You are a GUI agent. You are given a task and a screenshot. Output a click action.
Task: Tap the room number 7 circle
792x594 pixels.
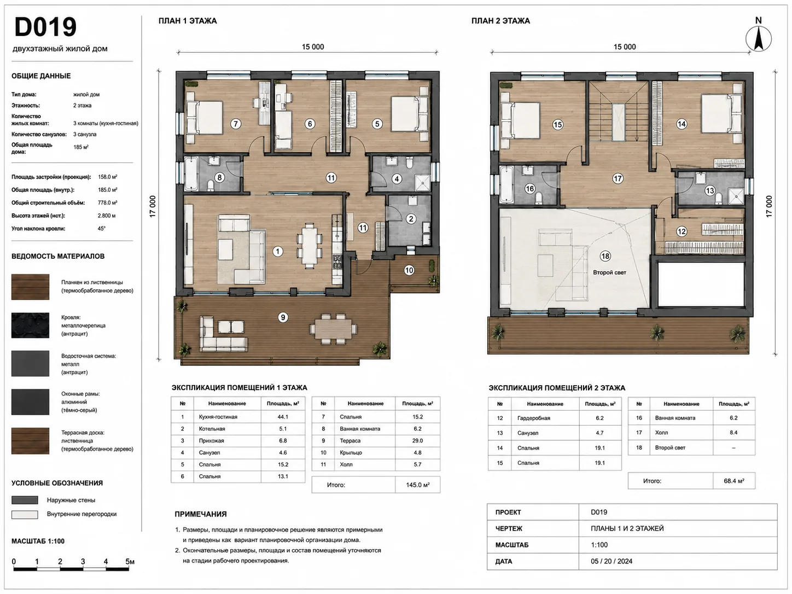tap(236, 124)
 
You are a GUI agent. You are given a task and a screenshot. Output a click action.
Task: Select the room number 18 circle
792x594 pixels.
tap(605, 256)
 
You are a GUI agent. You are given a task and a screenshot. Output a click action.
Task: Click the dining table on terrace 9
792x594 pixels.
tap(333, 328)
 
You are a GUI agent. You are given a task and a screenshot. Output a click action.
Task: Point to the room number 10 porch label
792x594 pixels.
tap(409, 270)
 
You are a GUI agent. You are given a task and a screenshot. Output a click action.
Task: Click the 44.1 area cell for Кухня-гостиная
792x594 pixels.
tap(283, 417)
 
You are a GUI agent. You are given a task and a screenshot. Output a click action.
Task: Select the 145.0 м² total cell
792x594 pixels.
tap(417, 485)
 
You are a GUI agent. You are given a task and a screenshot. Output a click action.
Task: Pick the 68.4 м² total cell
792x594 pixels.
tap(734, 481)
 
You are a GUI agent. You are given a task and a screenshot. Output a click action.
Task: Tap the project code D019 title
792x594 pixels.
tap(45, 27)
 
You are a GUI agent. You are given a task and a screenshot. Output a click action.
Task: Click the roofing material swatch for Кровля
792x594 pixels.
tap(30, 325)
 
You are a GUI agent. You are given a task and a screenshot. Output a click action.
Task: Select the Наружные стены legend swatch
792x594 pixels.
tap(25, 500)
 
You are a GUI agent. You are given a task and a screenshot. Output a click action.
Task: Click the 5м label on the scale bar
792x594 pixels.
tap(130, 561)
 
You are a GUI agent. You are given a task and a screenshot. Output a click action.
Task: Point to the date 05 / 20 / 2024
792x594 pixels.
tap(612, 561)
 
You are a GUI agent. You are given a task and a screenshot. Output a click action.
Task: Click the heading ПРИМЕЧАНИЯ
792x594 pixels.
tap(201, 514)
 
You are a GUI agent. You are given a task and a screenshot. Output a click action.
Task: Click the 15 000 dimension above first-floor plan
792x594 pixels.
tap(313, 47)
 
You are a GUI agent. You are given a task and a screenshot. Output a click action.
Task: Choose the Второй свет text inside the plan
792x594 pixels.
tap(609, 272)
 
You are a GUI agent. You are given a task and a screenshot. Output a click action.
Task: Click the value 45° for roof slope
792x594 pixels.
tap(101, 228)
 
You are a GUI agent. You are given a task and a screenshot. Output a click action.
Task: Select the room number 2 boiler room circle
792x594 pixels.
tap(411, 219)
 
